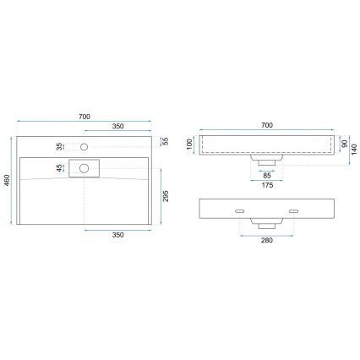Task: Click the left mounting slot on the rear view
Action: pos(239,208)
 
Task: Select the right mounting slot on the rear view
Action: pos(293,208)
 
